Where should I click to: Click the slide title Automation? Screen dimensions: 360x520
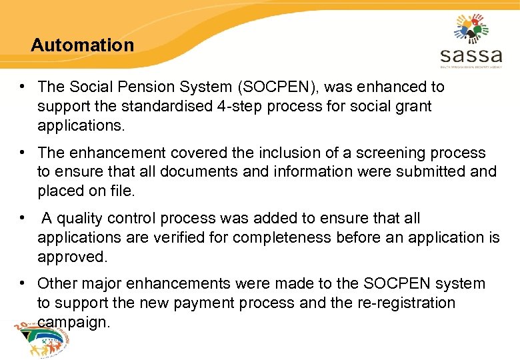point(82,45)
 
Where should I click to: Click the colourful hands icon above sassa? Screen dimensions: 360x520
point(471,28)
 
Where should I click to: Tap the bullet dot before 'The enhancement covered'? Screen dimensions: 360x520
point(23,153)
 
